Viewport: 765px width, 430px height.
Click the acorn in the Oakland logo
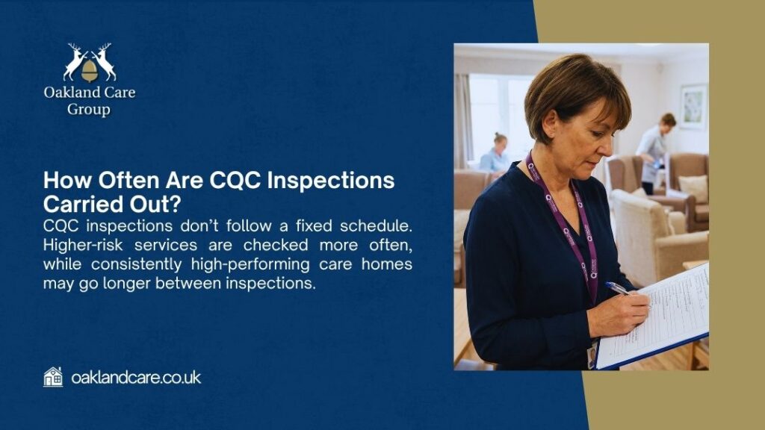90,70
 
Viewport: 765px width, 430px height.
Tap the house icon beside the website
53,377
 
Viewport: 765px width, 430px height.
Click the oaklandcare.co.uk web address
136,378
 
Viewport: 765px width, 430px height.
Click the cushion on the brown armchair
693,187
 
